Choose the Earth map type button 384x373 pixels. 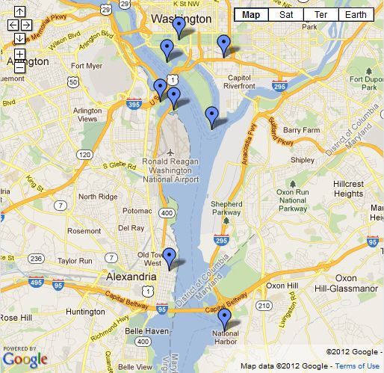pos(356,14)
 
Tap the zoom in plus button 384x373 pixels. pos(19,55)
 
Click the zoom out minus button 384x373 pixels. pos(19,67)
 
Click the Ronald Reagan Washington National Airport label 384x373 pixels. pos(171,170)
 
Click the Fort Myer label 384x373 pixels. pos(85,65)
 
